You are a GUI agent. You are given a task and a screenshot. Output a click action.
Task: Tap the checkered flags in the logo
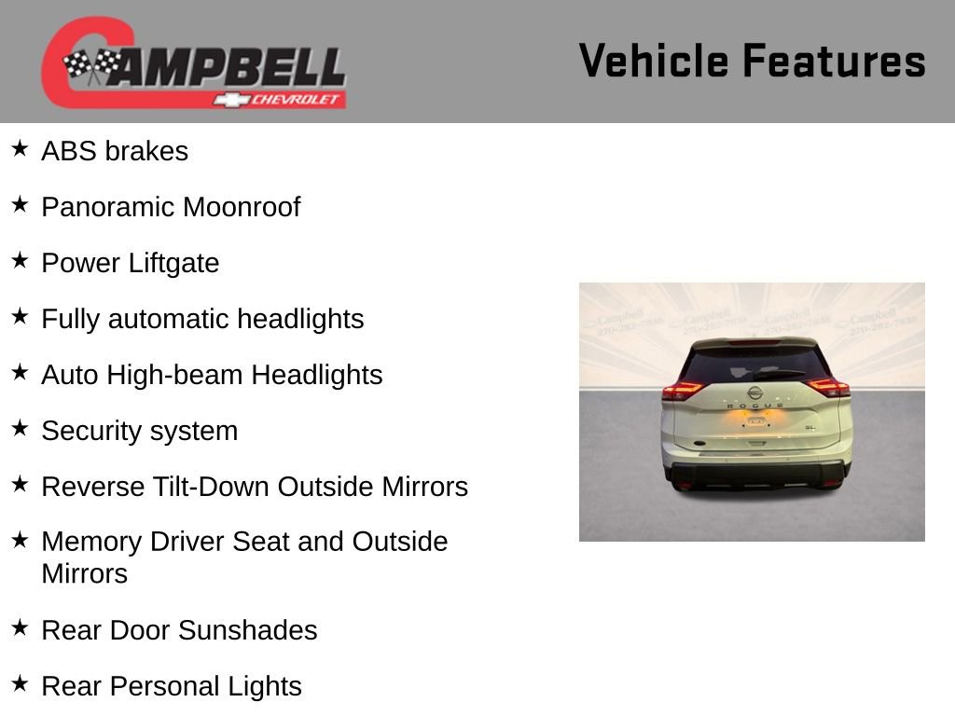(92, 65)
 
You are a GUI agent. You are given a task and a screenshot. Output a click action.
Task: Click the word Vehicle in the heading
(653, 61)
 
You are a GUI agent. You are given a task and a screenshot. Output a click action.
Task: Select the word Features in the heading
(834, 61)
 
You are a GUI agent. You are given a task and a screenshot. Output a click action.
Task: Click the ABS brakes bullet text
(115, 151)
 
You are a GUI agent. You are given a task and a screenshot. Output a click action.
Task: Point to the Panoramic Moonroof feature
(171, 207)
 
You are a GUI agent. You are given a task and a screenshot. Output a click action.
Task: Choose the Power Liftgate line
(131, 263)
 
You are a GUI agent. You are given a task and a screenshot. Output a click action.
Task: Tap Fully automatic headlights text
(202, 319)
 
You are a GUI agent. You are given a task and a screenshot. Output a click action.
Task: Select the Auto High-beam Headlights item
(212, 375)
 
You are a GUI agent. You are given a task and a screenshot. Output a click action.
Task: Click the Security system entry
(140, 431)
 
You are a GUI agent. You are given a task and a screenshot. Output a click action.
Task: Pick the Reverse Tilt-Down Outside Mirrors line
(255, 487)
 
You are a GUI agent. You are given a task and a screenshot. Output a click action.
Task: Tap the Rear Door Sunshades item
(179, 630)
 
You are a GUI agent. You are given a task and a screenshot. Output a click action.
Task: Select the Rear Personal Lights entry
(172, 686)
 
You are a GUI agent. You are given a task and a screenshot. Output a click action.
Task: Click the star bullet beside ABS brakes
(20, 148)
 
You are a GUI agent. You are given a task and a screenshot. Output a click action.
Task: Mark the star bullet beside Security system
(20, 428)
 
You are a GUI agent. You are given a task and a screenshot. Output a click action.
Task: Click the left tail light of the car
(682, 390)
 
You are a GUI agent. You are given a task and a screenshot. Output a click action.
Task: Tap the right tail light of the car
(827, 386)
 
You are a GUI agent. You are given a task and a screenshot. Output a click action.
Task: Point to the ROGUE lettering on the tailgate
(754, 406)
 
